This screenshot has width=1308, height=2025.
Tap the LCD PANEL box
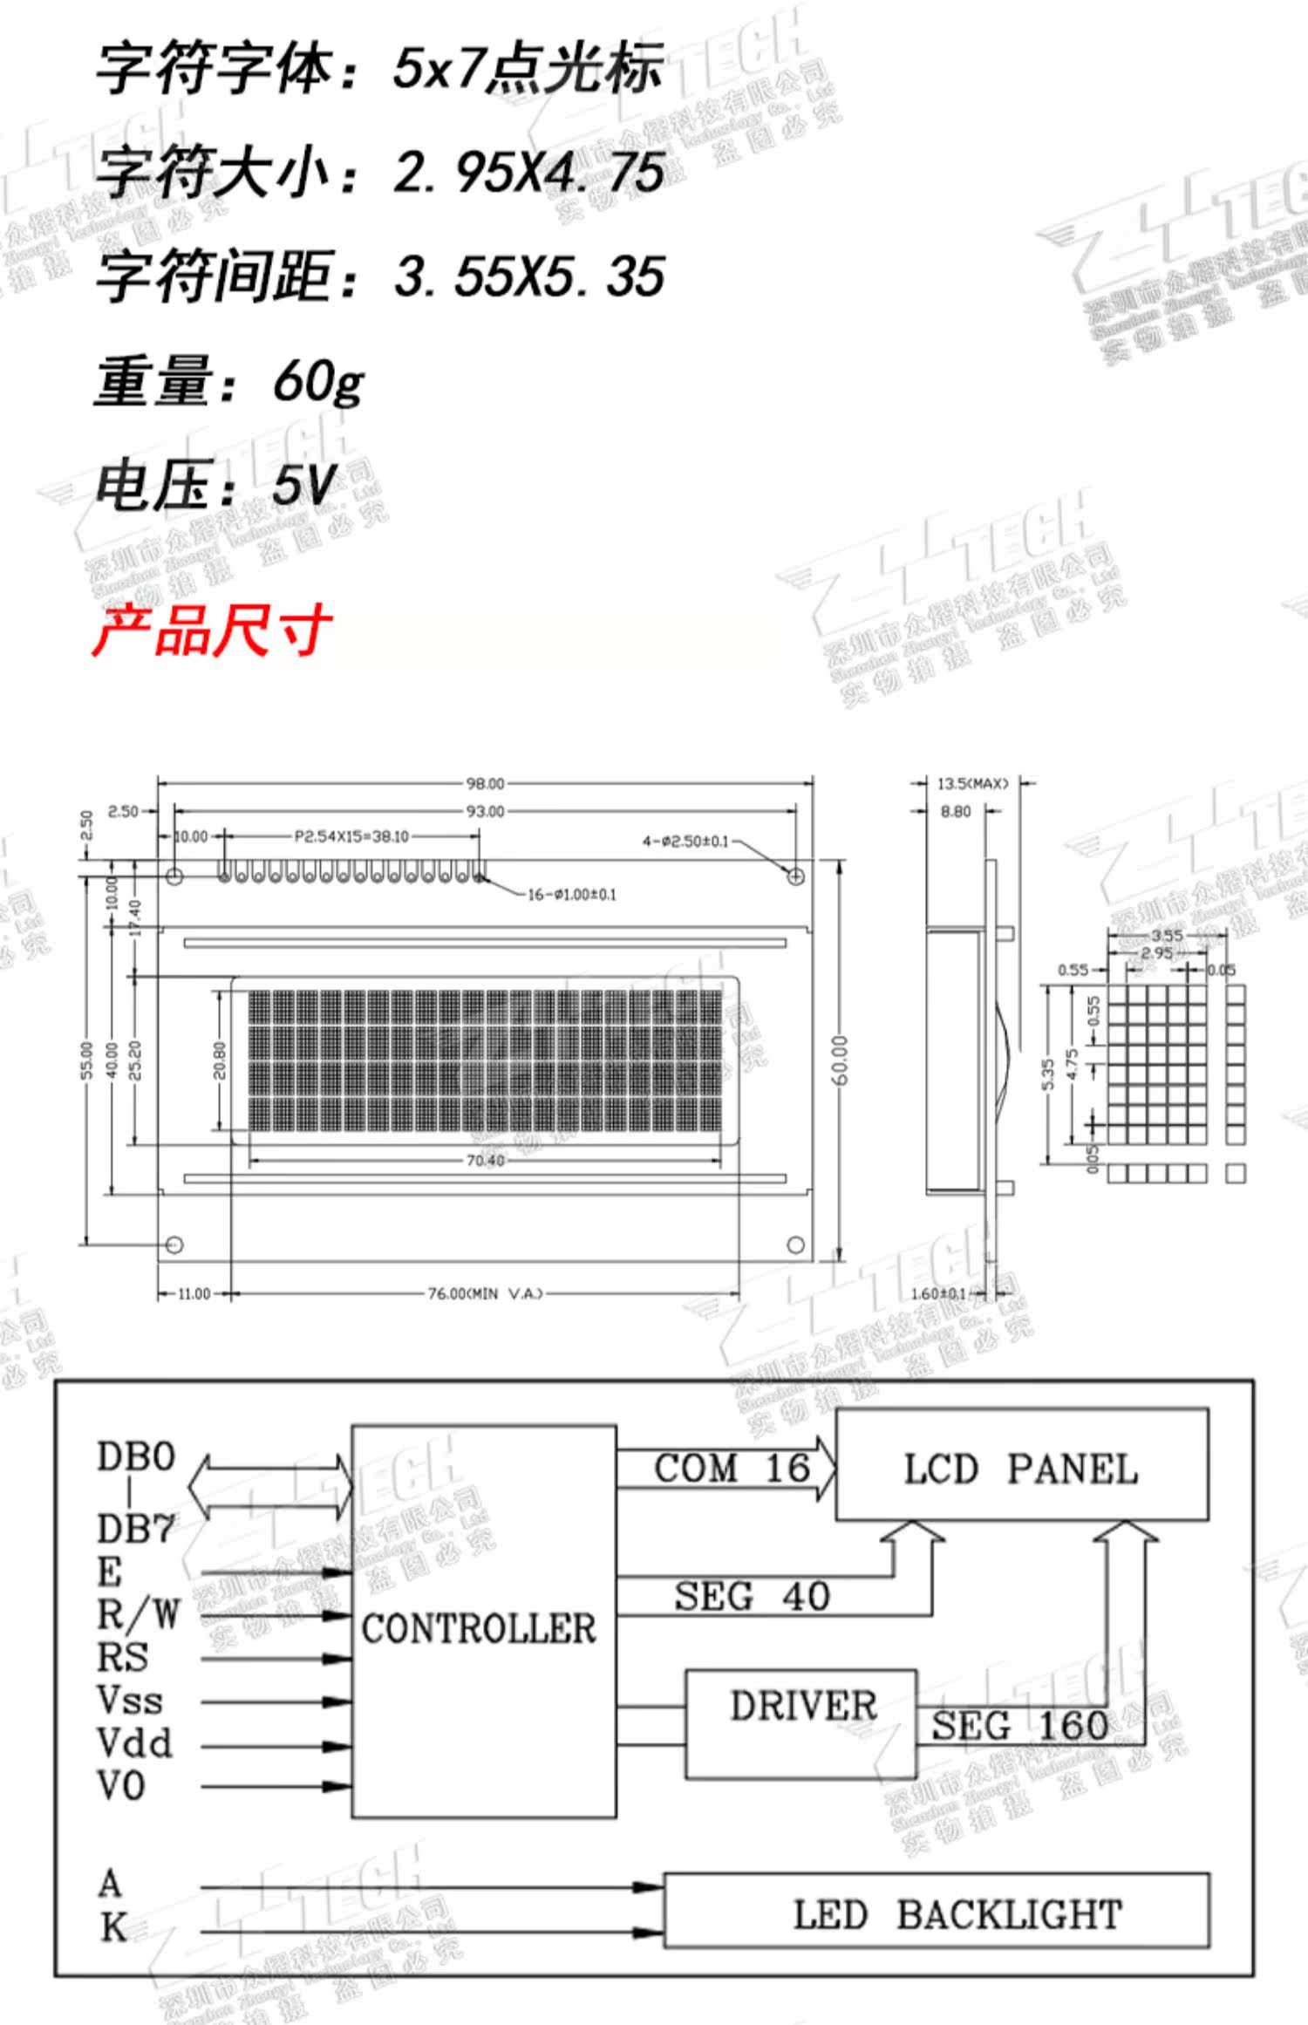click(1021, 1469)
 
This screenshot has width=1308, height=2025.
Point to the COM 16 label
click(732, 1469)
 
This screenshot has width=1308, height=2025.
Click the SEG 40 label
click(751, 1596)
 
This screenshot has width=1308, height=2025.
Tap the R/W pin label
click(138, 1615)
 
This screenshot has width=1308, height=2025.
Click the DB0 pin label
click(136, 1457)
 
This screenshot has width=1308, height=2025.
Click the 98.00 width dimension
click(485, 783)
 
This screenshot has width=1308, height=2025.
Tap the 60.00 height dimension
click(839, 1060)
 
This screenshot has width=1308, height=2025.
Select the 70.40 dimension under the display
click(485, 1160)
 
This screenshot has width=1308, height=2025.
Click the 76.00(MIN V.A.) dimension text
click(485, 1293)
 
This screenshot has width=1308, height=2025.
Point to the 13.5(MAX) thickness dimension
click(972, 783)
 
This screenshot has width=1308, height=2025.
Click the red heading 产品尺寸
click(212, 630)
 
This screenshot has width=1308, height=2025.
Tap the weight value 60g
click(317, 382)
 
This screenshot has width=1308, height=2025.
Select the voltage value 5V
click(303, 485)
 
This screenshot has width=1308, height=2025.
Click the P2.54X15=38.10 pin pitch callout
click(351, 836)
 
